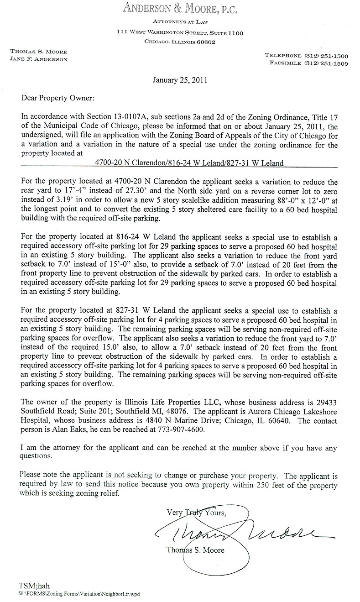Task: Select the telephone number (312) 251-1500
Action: click(x=325, y=55)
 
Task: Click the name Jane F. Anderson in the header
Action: click(x=38, y=59)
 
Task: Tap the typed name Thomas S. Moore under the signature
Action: click(x=196, y=550)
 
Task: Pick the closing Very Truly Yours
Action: click(x=196, y=513)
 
